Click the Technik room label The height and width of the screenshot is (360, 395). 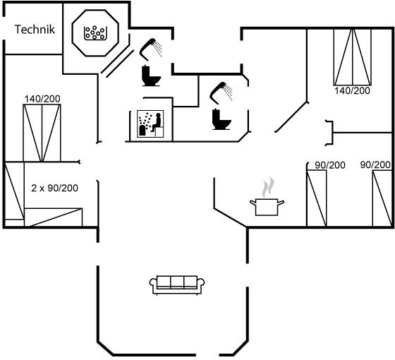coord(35,30)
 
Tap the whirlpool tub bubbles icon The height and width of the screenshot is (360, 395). coord(95,32)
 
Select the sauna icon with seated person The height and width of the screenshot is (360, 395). coord(150,124)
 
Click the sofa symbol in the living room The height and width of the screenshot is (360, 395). coord(177,285)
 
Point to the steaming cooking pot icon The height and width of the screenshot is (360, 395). coord(267,197)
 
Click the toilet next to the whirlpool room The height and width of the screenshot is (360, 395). coord(151,76)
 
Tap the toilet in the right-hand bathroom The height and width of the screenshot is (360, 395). coord(221,119)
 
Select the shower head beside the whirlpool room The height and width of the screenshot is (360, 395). coord(150,49)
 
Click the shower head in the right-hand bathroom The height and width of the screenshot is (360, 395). coord(221,92)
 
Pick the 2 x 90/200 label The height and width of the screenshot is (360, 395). coord(55,188)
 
